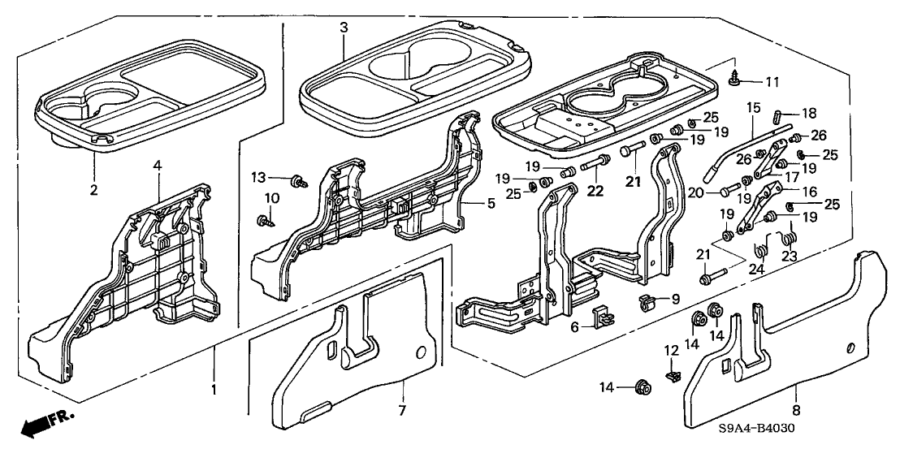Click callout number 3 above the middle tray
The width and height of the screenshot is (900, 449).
pyautogui.click(x=344, y=27)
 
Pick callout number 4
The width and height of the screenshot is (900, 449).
pyautogui.click(x=158, y=166)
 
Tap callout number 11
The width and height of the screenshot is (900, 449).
pyautogui.click(x=772, y=81)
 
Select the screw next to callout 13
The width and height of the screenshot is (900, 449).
pyautogui.click(x=296, y=180)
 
